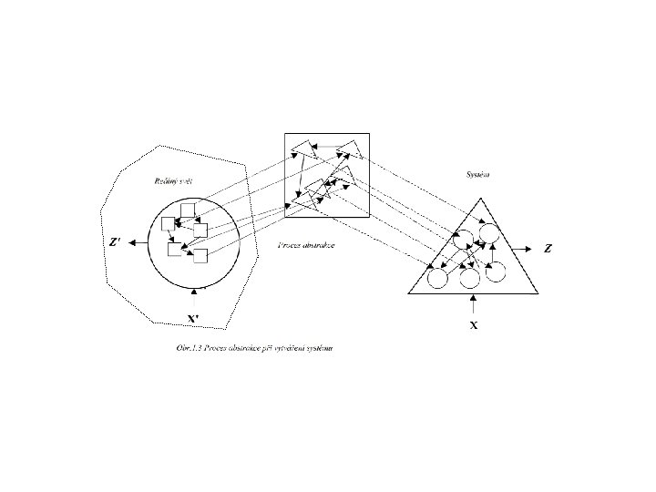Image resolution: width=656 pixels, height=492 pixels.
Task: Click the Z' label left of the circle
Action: click(x=114, y=242)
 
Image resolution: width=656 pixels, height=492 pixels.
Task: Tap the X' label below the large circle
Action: click(x=193, y=319)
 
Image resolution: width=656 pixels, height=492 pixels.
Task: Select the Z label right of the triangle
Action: click(x=548, y=247)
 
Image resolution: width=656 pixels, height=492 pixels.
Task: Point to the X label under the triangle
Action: click(x=474, y=324)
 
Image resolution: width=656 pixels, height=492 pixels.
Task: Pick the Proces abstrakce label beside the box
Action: click(x=306, y=247)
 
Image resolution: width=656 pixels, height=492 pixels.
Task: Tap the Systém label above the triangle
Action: click(x=477, y=173)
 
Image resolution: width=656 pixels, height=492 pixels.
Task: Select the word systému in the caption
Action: click(x=317, y=349)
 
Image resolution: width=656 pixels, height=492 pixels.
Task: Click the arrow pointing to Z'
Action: click(x=137, y=242)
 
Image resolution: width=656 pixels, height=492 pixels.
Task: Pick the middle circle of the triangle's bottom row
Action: click(x=470, y=278)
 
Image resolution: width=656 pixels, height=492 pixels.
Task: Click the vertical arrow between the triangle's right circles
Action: click(x=491, y=255)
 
